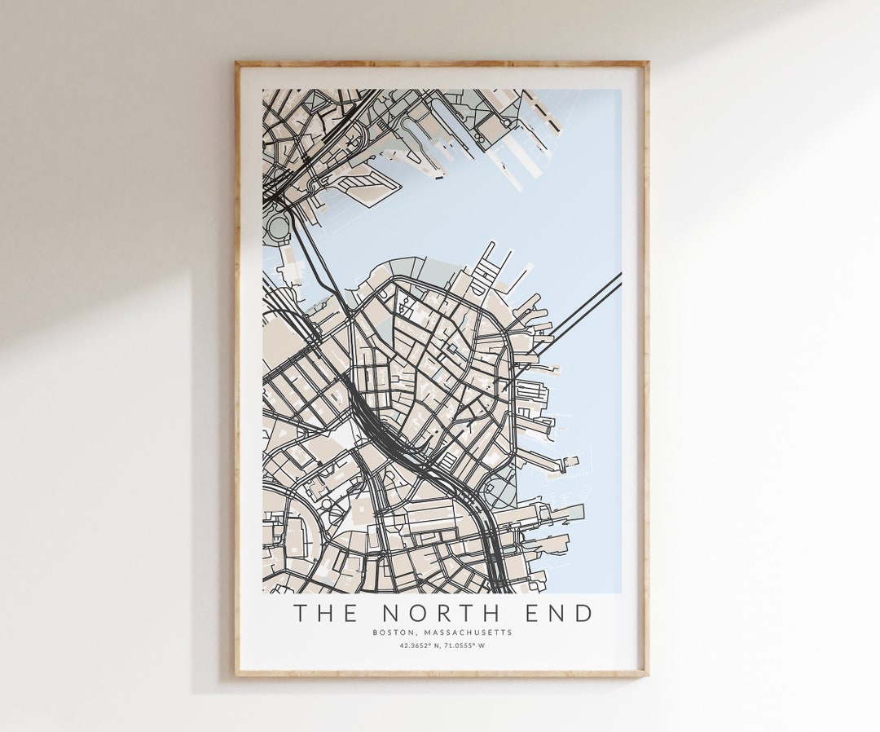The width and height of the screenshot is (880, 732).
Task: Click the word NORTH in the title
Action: pos(439,613)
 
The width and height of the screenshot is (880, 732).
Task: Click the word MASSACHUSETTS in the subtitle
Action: pos(468,633)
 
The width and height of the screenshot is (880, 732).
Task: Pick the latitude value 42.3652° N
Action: pos(420,646)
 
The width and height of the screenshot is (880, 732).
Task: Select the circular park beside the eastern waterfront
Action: pos(499,492)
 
